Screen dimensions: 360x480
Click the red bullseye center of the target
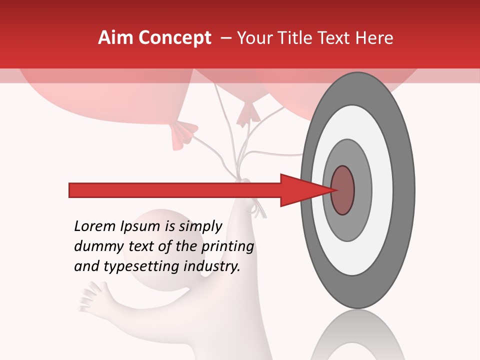click(x=343, y=190)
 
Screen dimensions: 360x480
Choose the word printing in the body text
click(x=227, y=246)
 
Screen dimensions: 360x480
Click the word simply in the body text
click(x=200, y=226)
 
